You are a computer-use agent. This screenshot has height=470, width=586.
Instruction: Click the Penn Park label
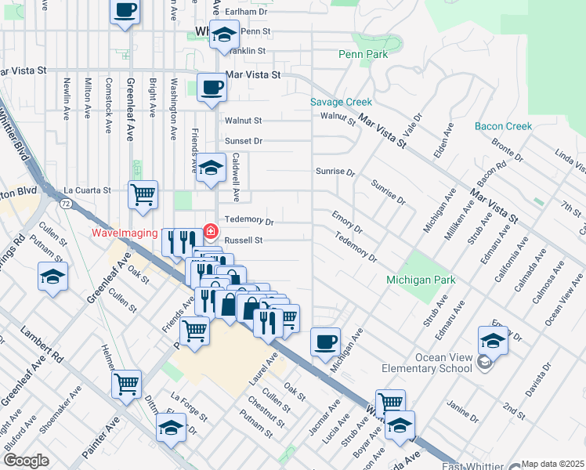363,54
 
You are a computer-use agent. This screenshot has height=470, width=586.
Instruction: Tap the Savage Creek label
341,102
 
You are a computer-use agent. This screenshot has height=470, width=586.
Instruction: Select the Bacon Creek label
503,126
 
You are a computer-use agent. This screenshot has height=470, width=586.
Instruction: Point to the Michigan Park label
421,280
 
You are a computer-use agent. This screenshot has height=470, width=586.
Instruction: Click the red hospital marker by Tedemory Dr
210,231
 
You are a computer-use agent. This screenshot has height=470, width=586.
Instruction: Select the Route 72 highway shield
63,204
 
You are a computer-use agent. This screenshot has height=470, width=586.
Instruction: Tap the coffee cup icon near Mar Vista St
211,87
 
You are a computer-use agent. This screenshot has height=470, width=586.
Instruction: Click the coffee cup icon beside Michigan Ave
325,342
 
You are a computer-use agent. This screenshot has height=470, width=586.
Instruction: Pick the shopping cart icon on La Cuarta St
142,194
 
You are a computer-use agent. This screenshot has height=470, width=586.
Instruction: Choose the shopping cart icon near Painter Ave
126,384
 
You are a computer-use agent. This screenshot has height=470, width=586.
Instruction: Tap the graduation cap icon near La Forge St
171,428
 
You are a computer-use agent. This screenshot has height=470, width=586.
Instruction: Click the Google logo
25,461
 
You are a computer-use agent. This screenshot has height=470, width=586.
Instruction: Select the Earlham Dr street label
247,13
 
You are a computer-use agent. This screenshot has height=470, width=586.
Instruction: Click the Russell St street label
243,240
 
